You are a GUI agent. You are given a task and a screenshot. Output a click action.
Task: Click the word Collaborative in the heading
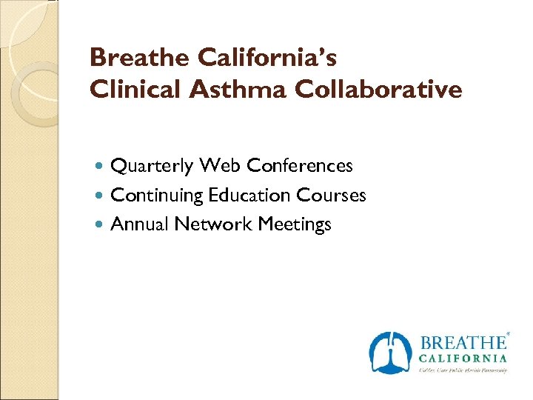378,90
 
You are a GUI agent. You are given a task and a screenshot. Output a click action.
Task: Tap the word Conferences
300,165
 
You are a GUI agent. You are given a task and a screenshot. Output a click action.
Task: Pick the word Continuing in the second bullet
157,196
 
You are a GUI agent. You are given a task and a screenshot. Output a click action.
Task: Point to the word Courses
331,195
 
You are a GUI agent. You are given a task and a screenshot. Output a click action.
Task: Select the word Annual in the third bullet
140,224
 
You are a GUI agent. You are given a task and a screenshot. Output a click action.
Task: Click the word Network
214,224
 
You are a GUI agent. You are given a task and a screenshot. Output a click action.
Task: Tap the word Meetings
295,224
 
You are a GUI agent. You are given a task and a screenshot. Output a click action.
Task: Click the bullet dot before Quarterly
101,166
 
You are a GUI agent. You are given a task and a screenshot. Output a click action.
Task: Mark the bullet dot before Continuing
101,196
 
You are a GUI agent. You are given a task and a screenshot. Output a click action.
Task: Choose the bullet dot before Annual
101,224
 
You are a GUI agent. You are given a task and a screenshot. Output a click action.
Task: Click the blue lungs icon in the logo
390,353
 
